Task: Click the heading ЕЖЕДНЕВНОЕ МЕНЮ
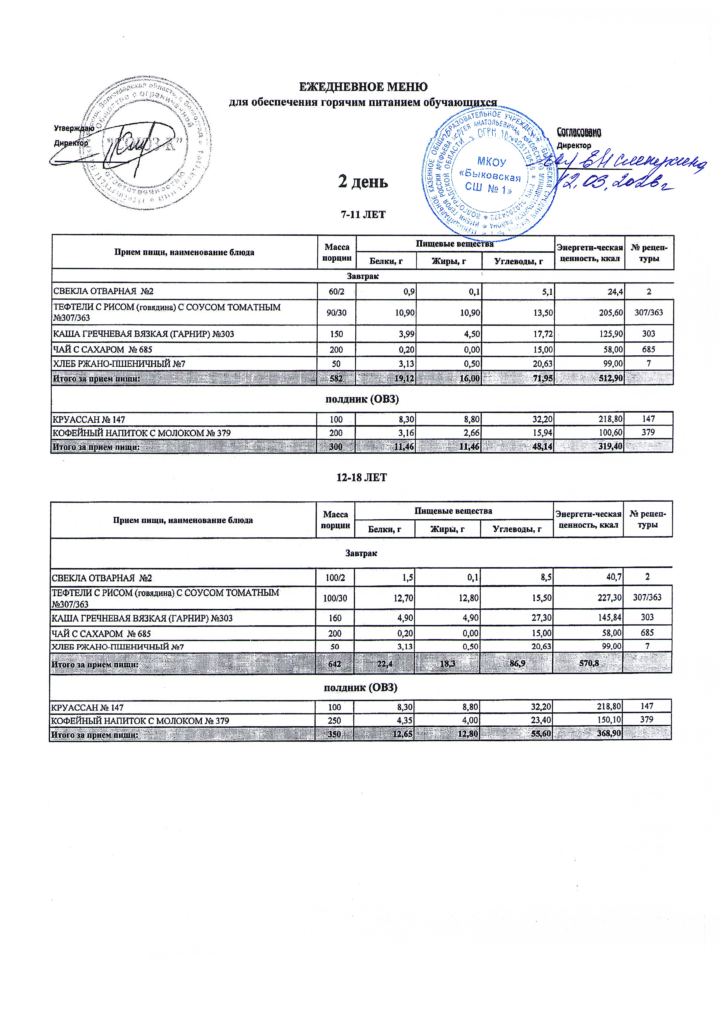click(362, 86)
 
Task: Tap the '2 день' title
click(362, 182)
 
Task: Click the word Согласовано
click(579, 133)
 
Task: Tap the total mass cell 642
click(335, 664)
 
